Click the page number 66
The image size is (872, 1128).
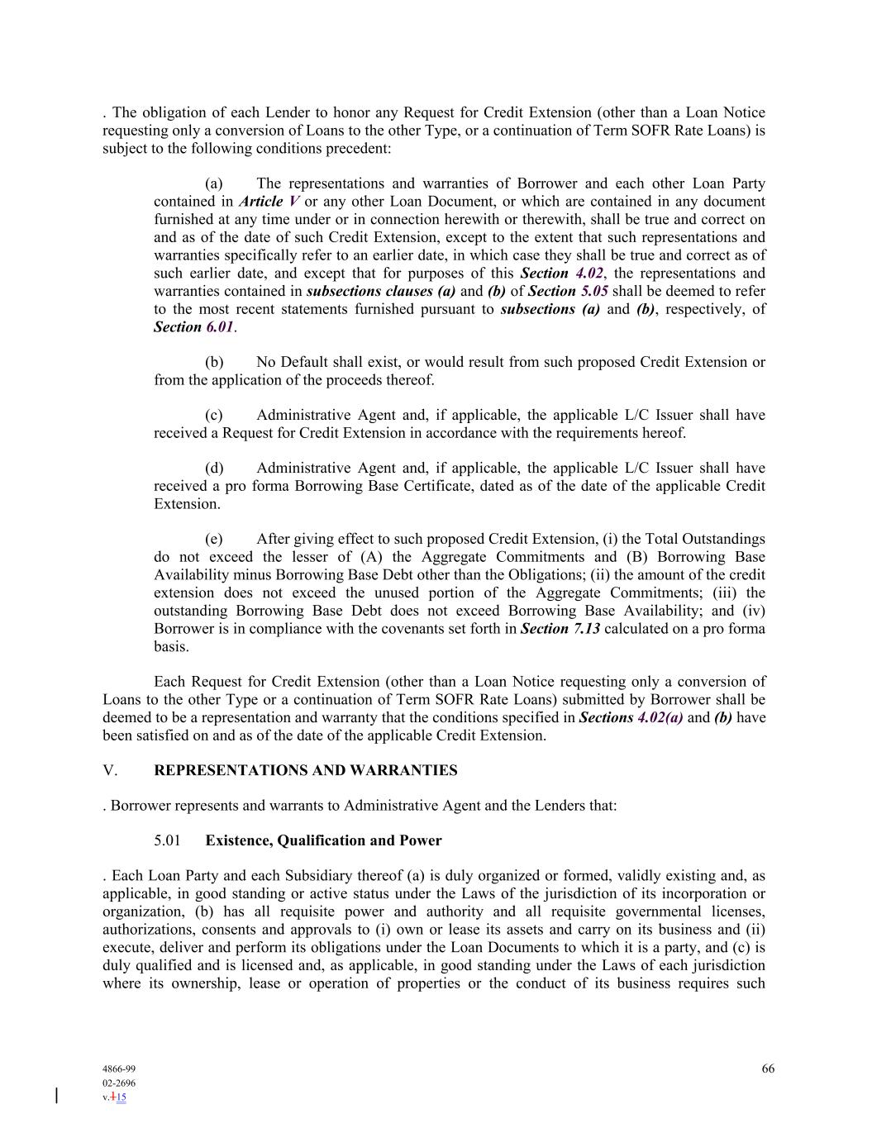768,1069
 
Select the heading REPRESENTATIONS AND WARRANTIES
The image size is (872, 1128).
305,770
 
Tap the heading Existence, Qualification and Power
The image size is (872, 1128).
323,840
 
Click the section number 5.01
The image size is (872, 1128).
167,840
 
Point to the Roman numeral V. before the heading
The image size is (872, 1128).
110,770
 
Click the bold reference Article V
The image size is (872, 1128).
269,202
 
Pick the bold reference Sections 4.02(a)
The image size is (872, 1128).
631,717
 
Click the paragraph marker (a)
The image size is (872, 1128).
213,183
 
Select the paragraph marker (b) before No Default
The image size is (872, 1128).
214,362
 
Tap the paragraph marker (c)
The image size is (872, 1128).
213,415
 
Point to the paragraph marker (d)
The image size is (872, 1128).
214,468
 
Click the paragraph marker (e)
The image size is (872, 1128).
213,539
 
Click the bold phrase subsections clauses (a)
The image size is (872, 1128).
381,291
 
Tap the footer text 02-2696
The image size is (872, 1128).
119,1083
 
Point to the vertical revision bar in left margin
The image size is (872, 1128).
56,1096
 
